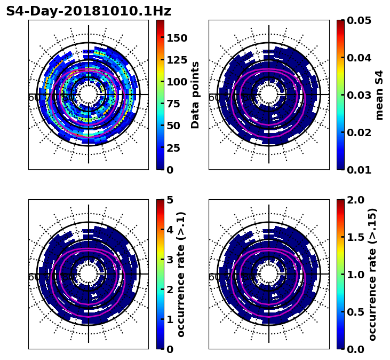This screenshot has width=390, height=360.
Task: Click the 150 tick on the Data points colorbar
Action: (177, 38)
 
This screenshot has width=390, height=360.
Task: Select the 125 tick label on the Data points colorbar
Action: (177, 60)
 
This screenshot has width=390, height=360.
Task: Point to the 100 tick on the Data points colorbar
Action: (177, 82)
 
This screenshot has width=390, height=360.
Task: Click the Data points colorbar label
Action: (195, 95)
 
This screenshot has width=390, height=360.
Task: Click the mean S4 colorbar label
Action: (379, 95)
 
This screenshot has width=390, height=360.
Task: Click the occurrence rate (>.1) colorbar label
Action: (181, 274)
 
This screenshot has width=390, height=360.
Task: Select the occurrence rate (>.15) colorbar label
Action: (372, 274)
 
